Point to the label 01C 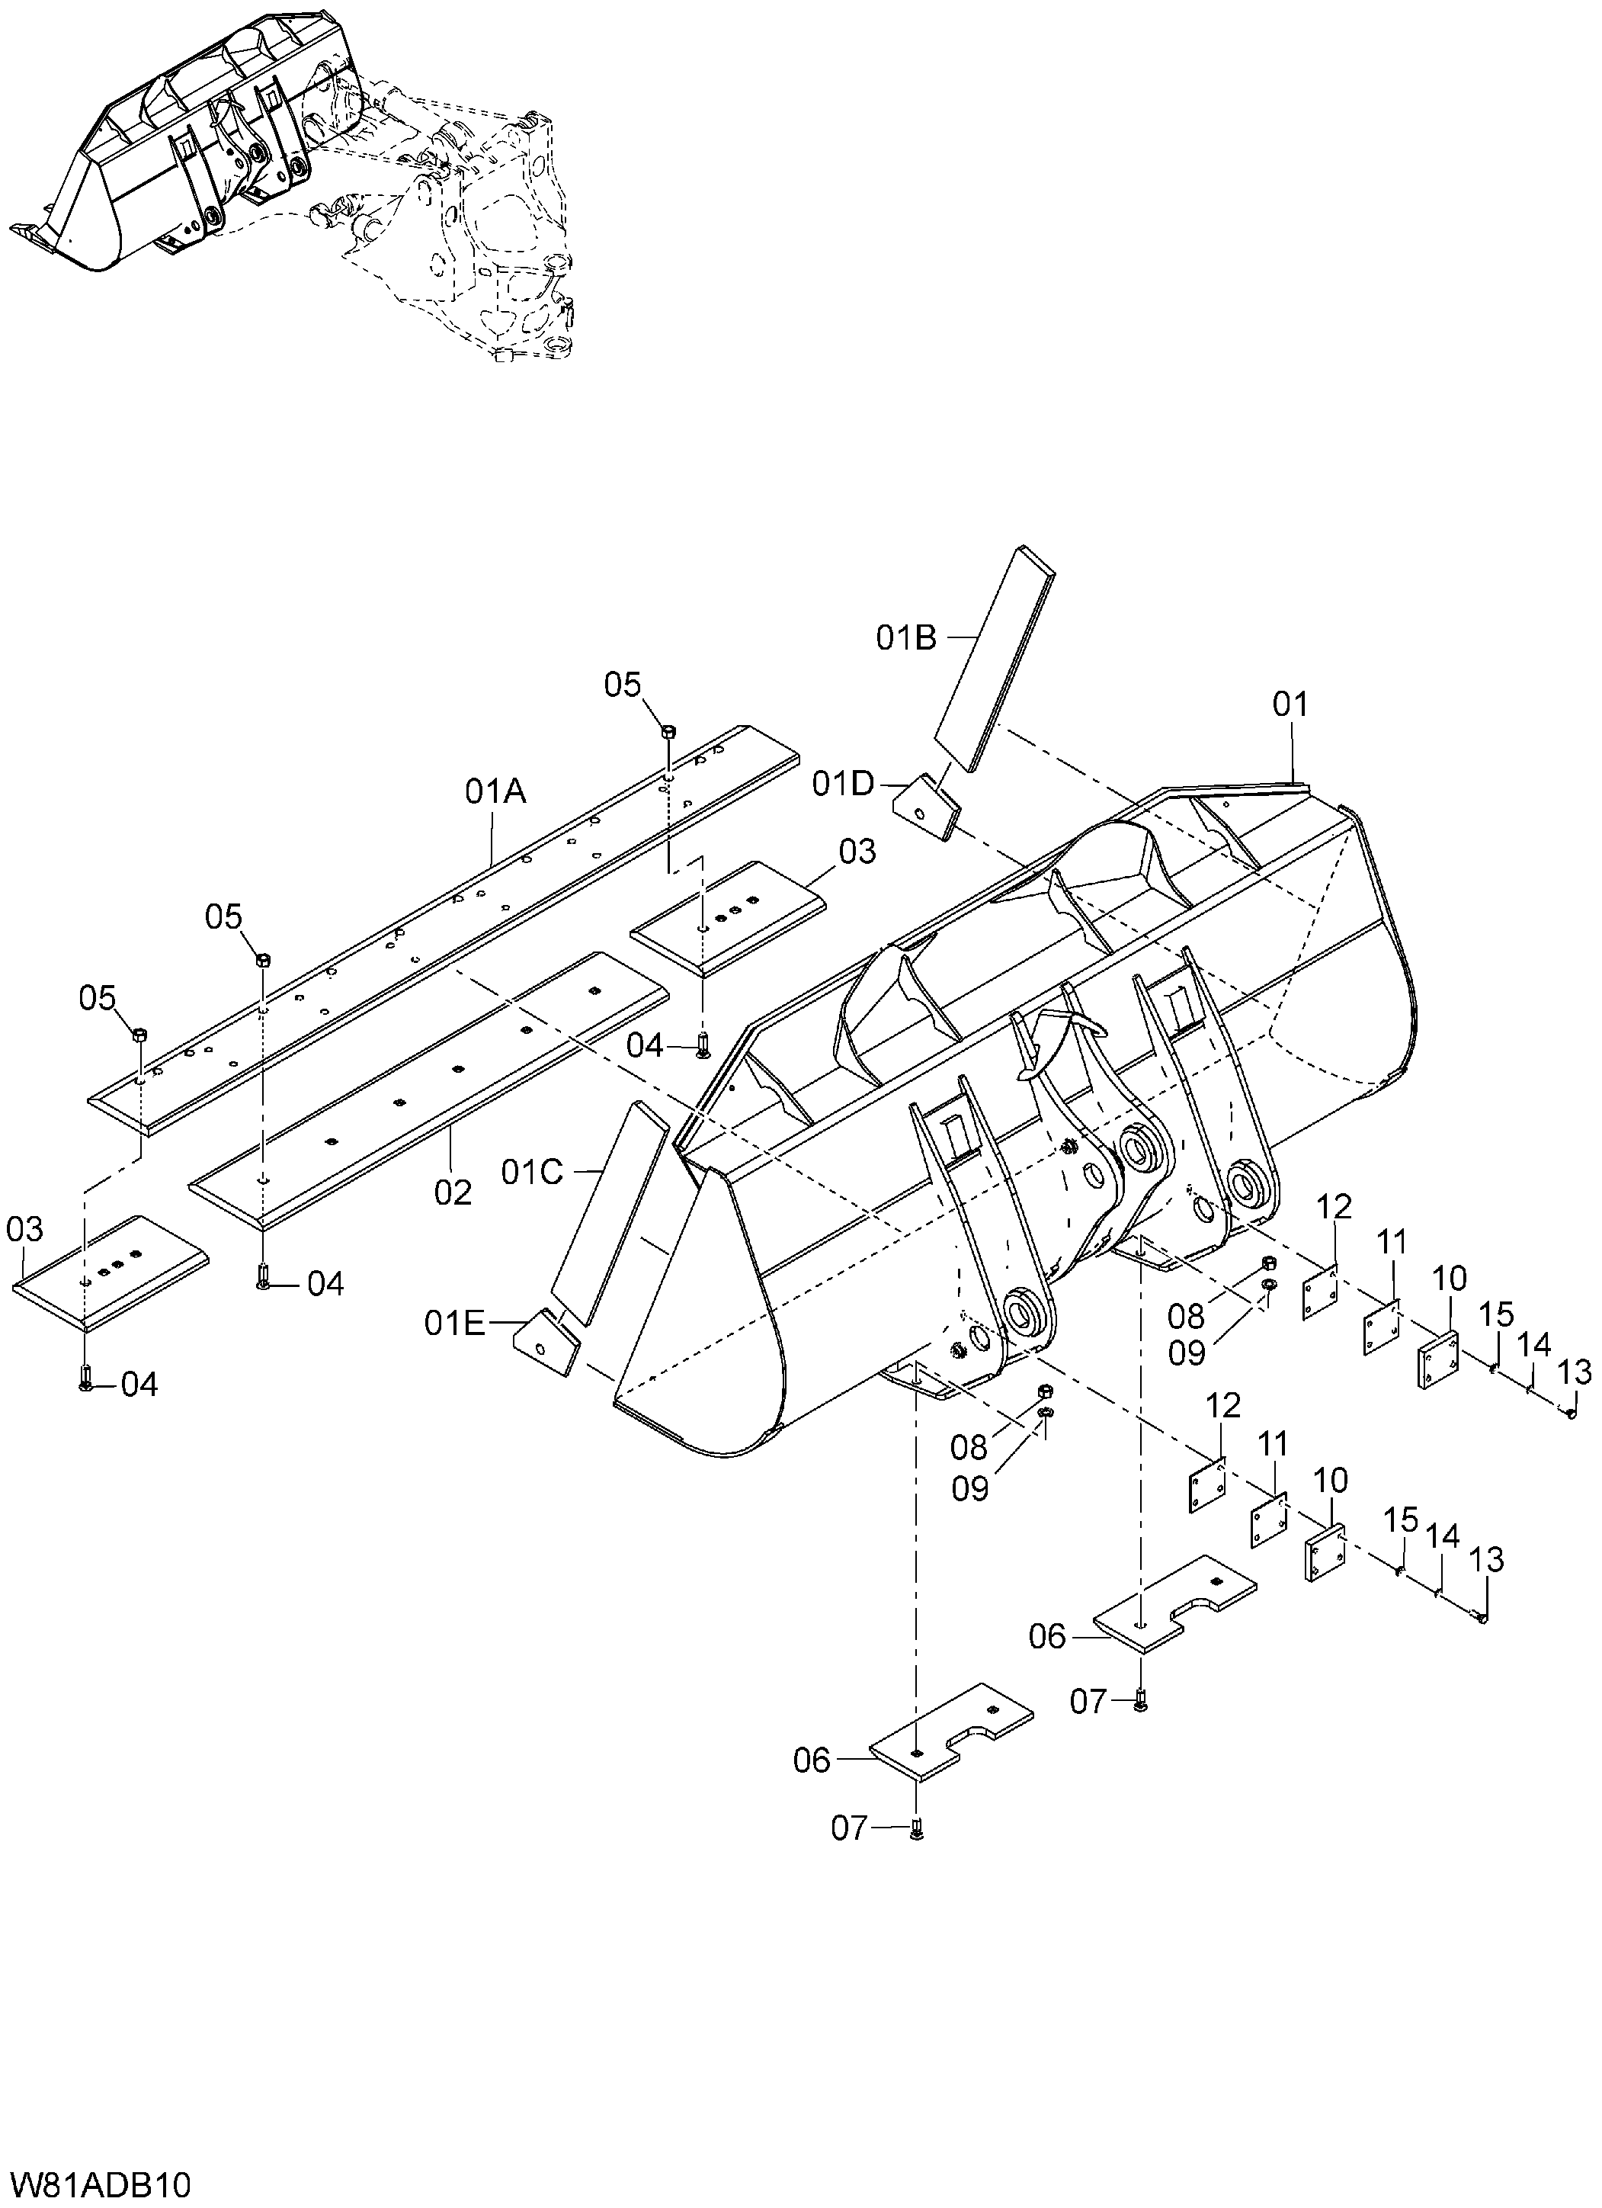click(533, 1173)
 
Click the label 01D click(844, 784)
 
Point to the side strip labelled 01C click(610, 1213)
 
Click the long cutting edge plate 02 click(429, 1090)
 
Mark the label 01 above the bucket click(1292, 704)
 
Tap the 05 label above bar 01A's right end click(623, 685)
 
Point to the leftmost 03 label click(24, 1230)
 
